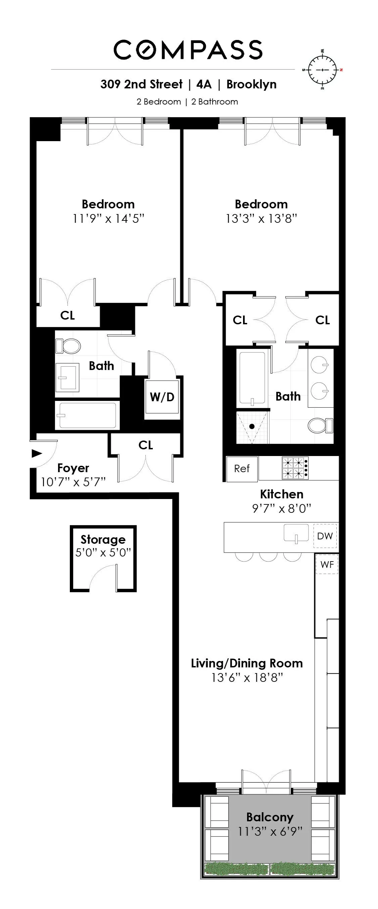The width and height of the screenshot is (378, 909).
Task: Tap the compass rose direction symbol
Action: (323, 70)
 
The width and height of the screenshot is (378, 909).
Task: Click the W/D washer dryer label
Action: (162, 397)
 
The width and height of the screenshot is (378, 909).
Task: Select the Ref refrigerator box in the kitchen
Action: (242, 469)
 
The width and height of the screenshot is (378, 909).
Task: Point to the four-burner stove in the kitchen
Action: (295, 468)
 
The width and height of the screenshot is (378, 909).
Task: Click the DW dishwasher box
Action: (325, 536)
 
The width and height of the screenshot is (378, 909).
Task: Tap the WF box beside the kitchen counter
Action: (327, 564)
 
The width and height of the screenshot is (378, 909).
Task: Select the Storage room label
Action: (103, 539)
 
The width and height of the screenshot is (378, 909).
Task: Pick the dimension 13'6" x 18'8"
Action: (247, 677)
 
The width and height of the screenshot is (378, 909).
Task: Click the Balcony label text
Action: (270, 817)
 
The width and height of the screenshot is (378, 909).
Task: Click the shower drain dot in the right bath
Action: (252, 426)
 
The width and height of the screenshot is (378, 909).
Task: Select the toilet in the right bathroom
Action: (320, 425)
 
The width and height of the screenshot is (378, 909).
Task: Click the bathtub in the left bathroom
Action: (87, 415)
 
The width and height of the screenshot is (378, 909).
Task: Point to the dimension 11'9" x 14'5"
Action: (108, 219)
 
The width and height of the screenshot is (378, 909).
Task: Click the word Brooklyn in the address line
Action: (251, 84)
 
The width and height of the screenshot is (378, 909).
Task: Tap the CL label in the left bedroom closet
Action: (67, 315)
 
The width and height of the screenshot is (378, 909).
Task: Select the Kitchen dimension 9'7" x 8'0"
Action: (281, 508)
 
